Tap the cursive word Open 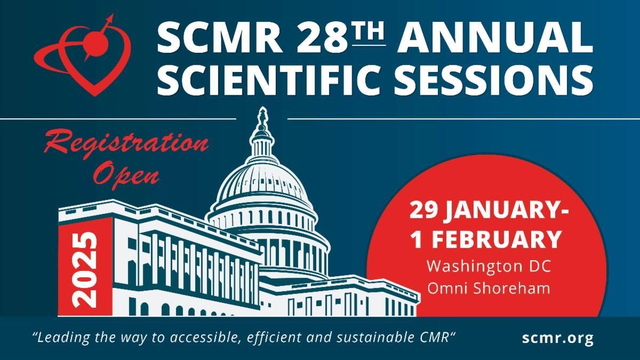pyautogui.click(x=128, y=174)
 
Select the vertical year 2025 pyautogui.click(x=85, y=269)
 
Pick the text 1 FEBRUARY pyautogui.click(x=485, y=239)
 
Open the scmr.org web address pyautogui.click(x=558, y=338)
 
